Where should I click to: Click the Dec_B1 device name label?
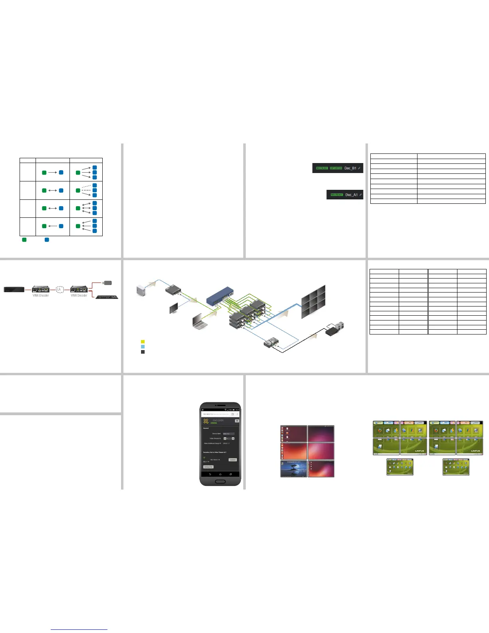pyautogui.click(x=350, y=168)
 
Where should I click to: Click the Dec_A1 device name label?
pyautogui.click(x=352, y=195)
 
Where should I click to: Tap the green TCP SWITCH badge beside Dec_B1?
pyautogui.click(x=336, y=168)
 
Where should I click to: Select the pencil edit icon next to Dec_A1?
pyautogui.click(x=361, y=195)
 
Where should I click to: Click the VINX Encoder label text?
pyautogui.click(x=41, y=296)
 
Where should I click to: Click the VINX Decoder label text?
pyautogui.click(x=79, y=296)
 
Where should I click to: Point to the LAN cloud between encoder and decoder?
pyautogui.click(x=59, y=289)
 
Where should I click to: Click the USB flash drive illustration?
pyautogui.click(x=106, y=283)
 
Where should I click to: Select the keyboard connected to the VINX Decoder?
pyautogui.click(x=107, y=297)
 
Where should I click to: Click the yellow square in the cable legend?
pyautogui.click(x=143, y=342)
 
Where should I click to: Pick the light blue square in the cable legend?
pyautogui.click(x=143, y=347)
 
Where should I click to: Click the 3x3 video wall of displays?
pyautogui.click(x=313, y=301)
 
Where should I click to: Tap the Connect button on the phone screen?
pyautogui.click(x=233, y=460)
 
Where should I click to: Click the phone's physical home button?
pyautogui.click(x=220, y=482)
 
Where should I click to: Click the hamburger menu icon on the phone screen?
pyautogui.click(x=237, y=421)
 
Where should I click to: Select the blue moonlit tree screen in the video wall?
pyautogui.click(x=294, y=469)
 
